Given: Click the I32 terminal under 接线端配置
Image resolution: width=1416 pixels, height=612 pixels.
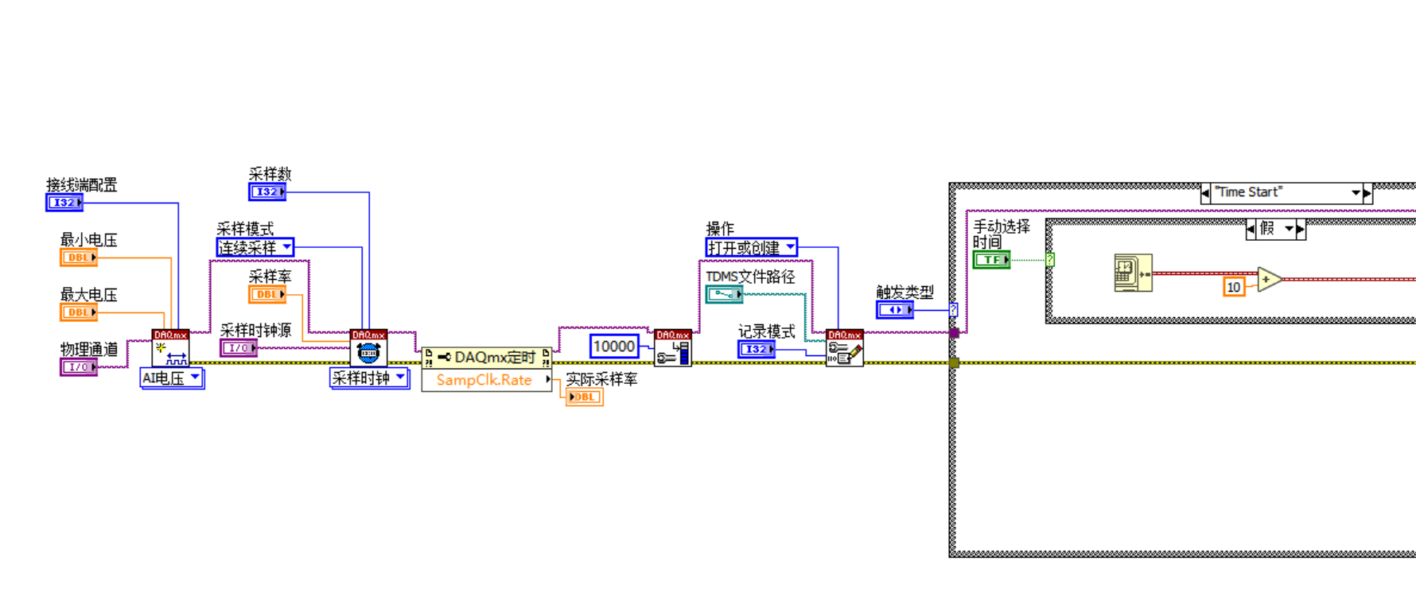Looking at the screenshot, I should [x=64, y=203].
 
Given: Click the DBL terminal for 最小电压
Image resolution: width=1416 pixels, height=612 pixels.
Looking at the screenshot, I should [x=78, y=258].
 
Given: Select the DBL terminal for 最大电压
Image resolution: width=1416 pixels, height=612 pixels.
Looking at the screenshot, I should [x=78, y=312].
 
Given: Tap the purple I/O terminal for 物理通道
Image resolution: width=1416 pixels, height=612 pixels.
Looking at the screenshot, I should [x=78, y=367].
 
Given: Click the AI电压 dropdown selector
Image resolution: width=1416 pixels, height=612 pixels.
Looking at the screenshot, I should [x=172, y=378].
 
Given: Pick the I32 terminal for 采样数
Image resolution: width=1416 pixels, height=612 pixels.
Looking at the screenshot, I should [x=266, y=192].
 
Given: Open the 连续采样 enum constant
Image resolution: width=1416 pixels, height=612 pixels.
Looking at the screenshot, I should [x=255, y=248].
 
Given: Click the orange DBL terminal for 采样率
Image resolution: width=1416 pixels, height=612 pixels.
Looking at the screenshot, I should [x=266, y=294].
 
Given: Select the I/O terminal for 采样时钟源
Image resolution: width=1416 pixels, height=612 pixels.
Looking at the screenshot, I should [x=238, y=348].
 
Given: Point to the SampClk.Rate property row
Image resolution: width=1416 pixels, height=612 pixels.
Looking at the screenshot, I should [x=485, y=380].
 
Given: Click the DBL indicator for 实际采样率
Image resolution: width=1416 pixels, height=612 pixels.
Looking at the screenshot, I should [x=584, y=397].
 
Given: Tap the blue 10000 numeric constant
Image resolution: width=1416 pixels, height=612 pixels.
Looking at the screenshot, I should [x=614, y=347].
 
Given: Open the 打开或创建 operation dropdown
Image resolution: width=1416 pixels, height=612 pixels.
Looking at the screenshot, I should [x=751, y=248].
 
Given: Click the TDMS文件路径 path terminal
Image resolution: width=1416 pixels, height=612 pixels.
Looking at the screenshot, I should [x=724, y=294].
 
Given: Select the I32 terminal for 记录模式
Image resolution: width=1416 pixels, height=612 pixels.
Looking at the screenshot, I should [x=756, y=349].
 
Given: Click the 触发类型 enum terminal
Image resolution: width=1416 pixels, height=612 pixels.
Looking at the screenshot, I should [x=894, y=310].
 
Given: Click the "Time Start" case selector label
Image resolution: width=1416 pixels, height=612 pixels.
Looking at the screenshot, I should [x=1281, y=192].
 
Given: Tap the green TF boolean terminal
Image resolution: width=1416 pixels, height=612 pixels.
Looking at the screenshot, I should [x=991, y=260].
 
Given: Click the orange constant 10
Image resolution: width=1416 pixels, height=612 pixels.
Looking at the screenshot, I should [x=1233, y=287].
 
